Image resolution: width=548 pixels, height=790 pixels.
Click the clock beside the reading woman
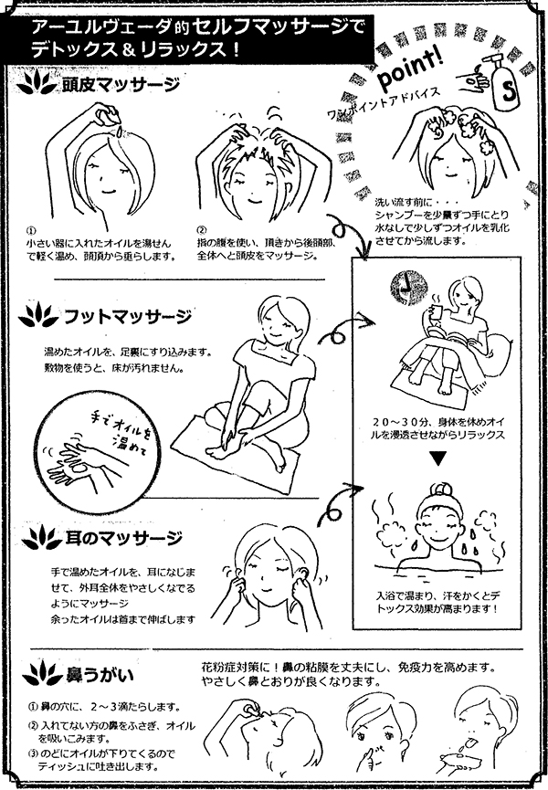click(x=398, y=285)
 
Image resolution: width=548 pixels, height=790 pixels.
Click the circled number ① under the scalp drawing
click(x=31, y=231)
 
